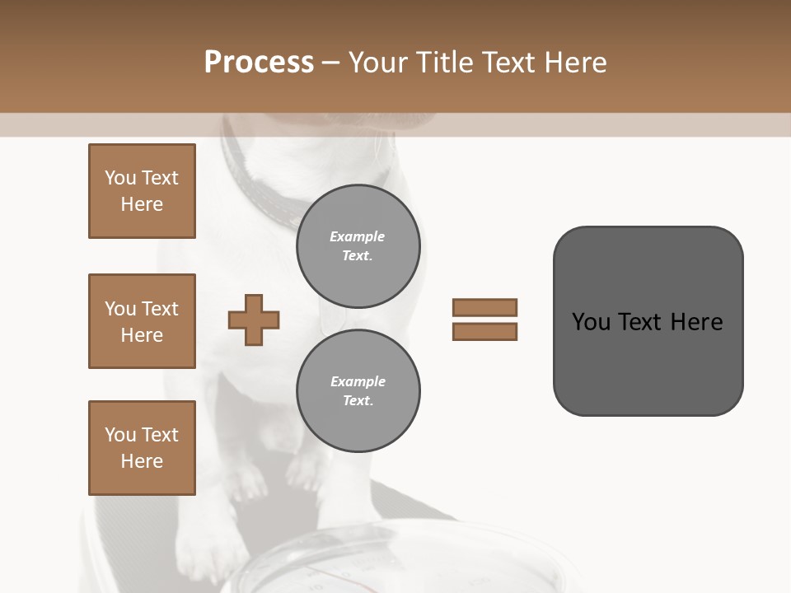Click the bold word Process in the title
259,63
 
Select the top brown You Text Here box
142,191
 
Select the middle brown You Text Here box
142,321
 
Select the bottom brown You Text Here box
142,448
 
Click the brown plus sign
254,320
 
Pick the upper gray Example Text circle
358,246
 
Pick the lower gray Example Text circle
358,391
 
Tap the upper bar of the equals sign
484,307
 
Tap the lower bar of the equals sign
484,331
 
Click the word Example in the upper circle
358,236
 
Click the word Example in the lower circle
358,381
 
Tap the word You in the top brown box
120,178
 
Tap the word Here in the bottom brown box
142,461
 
